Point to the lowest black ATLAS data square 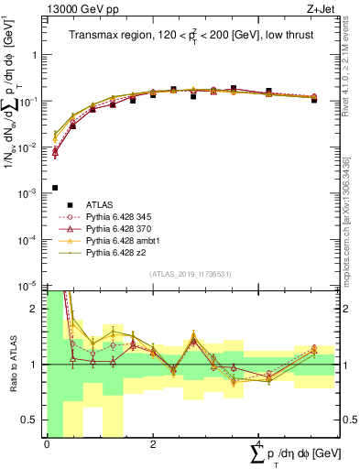tap(55, 188)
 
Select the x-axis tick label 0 tap(47, 444)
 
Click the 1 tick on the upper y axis tap(35, 55)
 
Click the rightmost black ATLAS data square tap(314, 99)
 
